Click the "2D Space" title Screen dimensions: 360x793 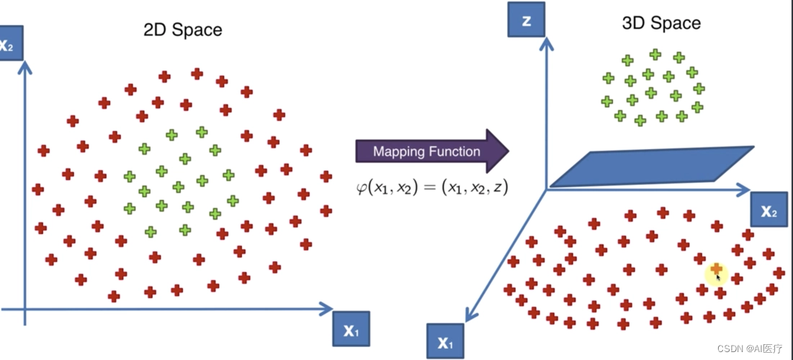click(183, 30)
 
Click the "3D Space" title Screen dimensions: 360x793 click(661, 23)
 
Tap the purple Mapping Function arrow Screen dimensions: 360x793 click(431, 151)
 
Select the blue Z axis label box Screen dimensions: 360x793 click(527, 21)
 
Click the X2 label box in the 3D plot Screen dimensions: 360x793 click(769, 211)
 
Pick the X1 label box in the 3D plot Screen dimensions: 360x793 click(446, 343)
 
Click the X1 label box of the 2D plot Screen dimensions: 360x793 click(351, 331)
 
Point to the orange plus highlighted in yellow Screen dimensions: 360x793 click(716, 269)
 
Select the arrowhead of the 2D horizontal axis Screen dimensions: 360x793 click(326, 310)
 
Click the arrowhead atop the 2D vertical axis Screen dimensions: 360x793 click(27, 66)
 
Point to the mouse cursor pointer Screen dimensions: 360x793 click(719, 277)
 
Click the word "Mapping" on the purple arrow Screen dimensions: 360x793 click(398, 151)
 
